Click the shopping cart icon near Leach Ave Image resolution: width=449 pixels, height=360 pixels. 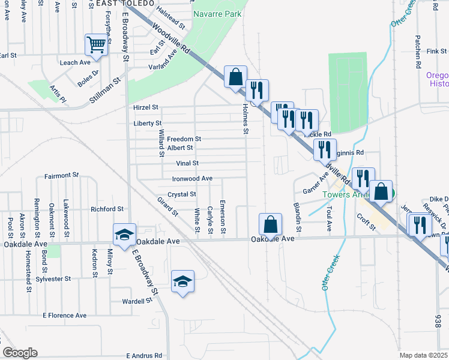[96, 44]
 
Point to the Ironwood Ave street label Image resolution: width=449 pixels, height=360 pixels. [192, 178]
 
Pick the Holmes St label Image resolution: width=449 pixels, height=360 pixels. [245, 118]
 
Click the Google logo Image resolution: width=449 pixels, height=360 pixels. [20, 353]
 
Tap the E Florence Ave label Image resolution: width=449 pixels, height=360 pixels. [64, 315]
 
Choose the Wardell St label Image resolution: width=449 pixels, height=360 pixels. [134, 301]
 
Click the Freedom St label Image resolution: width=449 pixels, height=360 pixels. [184, 139]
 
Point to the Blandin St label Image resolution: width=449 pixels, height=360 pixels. [298, 217]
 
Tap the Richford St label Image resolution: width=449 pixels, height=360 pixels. [106, 209]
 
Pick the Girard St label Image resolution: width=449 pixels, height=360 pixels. [167, 206]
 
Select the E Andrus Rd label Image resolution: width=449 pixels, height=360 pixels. [145, 355]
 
